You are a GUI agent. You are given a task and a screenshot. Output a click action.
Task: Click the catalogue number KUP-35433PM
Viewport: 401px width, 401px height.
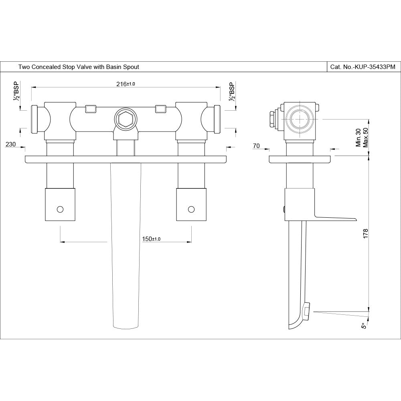click(363, 67)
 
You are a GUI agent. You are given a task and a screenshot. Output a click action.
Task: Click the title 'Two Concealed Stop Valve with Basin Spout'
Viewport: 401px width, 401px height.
click(79, 67)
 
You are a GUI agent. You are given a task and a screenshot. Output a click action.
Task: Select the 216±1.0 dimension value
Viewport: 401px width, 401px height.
click(126, 84)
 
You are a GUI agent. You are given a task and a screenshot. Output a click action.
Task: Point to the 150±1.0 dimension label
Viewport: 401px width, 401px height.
click(151, 239)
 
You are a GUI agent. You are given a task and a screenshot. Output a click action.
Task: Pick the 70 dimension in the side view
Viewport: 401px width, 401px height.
click(256, 146)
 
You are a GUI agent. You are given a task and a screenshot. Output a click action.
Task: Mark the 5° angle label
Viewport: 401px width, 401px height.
click(364, 326)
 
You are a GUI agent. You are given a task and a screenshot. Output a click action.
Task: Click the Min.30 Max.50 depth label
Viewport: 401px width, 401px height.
click(362, 138)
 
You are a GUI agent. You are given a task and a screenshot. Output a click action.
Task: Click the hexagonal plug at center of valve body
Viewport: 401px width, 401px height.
click(126, 119)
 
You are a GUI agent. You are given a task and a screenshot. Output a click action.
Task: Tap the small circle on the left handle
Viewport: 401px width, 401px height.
click(60, 209)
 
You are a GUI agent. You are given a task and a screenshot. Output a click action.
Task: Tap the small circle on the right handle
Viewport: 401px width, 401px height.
click(191, 209)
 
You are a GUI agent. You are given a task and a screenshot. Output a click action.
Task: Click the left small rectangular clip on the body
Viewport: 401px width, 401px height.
click(91, 108)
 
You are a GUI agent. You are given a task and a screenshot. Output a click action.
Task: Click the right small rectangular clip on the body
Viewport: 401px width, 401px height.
click(161, 108)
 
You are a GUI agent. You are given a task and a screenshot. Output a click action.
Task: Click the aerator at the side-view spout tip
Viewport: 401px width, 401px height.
click(306, 312)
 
